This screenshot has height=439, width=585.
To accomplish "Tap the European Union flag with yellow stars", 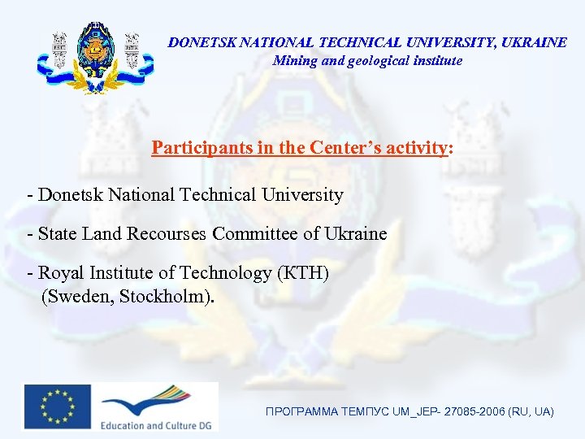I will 57,406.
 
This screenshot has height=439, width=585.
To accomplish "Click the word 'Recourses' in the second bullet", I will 169,234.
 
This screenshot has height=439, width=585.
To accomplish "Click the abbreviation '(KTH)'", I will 301,273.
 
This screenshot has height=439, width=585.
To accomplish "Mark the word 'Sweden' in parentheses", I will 80,295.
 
